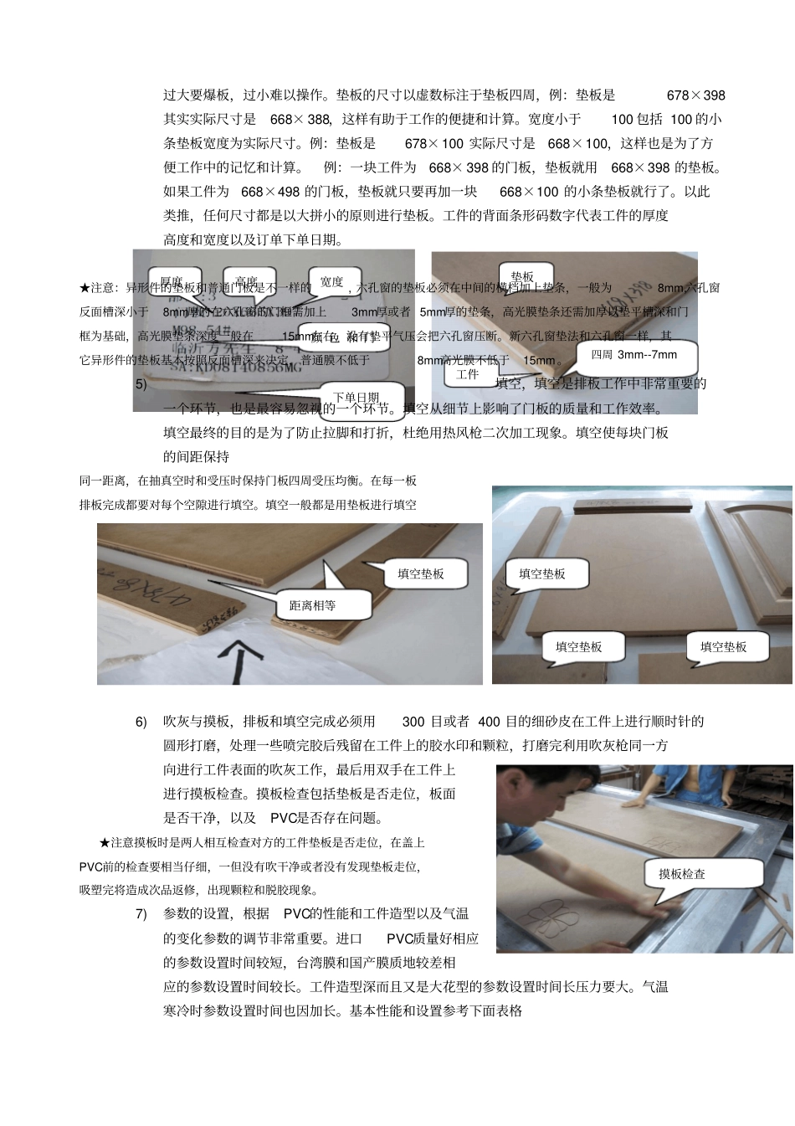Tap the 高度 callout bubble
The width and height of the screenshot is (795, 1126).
(x=246, y=282)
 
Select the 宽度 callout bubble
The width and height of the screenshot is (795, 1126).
(x=332, y=282)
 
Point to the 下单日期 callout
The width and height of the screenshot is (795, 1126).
(x=356, y=398)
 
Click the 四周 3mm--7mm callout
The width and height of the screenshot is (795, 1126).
(x=633, y=355)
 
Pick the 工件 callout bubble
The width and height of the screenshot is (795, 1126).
(x=467, y=374)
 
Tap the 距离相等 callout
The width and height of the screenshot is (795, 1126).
(x=312, y=604)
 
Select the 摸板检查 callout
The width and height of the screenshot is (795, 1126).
(x=681, y=874)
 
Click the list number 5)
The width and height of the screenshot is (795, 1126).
(x=141, y=384)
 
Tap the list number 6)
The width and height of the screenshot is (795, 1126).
(x=141, y=722)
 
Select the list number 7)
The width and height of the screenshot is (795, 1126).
(x=141, y=913)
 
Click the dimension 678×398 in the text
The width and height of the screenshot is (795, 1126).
(x=695, y=95)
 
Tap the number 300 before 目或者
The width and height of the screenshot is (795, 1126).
(x=413, y=722)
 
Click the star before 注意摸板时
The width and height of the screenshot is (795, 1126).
(x=105, y=842)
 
